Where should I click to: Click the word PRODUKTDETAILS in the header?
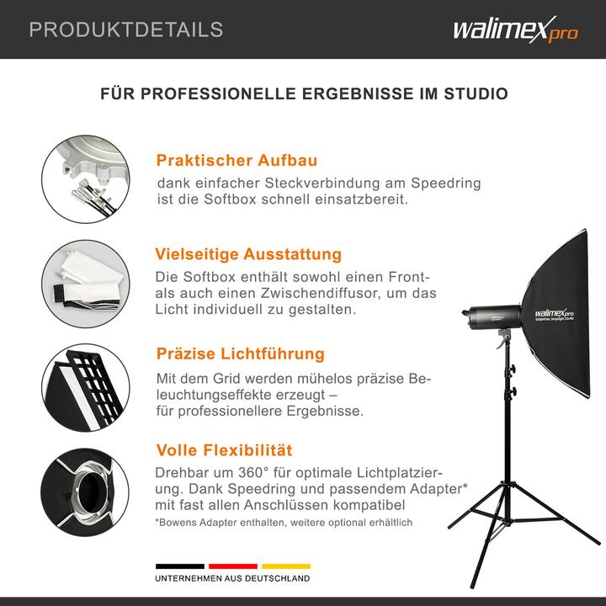pos(126,30)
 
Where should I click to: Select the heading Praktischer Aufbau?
pos(237,160)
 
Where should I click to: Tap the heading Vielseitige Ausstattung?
pos(248,254)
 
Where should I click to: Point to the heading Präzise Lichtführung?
pos(240,354)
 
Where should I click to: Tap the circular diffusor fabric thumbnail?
pos(84,279)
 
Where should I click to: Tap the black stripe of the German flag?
pos(179,566)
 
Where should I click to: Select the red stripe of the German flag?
pos(232,566)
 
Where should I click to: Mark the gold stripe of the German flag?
pos(285,566)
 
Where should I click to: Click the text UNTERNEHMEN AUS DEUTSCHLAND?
pos(232,579)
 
